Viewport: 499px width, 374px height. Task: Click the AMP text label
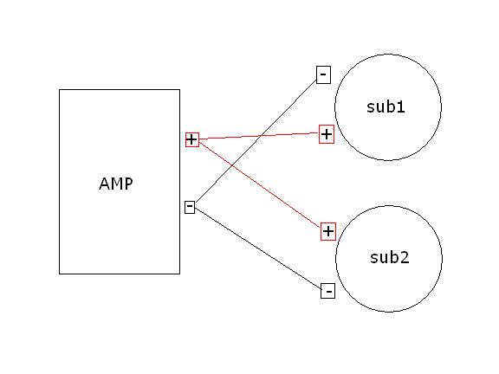pos(116,184)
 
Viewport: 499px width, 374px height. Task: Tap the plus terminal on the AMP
pos(192,139)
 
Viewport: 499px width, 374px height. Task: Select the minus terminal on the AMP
pos(190,207)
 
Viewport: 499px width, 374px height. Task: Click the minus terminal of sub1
pos(323,74)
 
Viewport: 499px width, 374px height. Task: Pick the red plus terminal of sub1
pos(327,134)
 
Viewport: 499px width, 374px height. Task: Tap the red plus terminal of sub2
pos(327,231)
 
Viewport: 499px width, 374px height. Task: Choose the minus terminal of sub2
pos(327,291)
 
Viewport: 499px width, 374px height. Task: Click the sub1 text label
pos(387,107)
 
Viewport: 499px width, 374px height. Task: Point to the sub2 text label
pos(388,257)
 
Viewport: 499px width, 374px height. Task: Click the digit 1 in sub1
pos(402,107)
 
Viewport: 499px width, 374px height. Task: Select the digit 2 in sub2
pos(404,257)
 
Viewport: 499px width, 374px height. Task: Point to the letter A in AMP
pos(104,184)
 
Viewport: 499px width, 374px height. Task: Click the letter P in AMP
pos(129,184)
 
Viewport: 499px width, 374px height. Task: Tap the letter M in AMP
pos(116,184)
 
